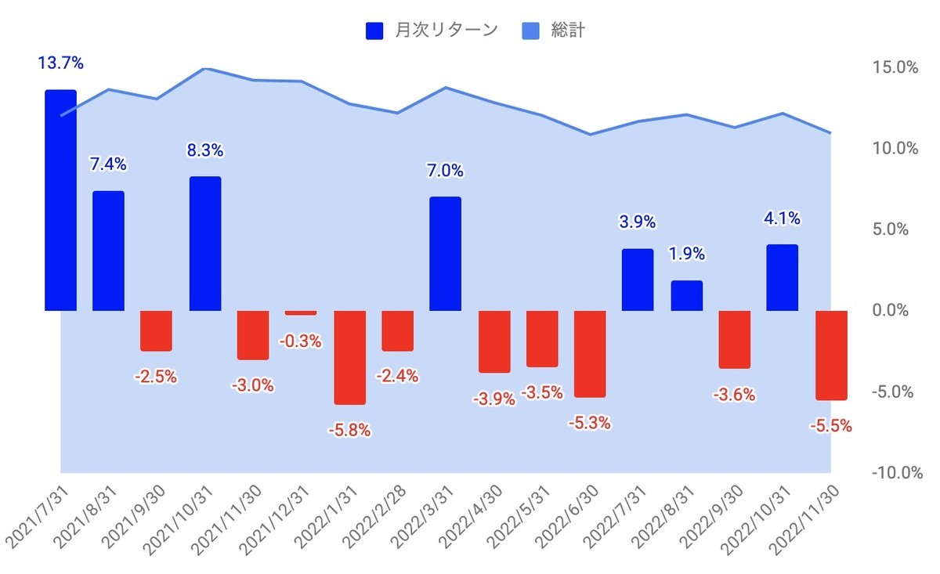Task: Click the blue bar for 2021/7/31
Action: pos(60,200)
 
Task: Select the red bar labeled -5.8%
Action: pos(349,357)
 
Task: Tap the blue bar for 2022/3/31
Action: pos(445,254)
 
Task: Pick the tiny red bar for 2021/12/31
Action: pos(301,312)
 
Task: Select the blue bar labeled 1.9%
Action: pos(686,295)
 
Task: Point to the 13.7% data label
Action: pos(60,63)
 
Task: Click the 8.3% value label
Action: pos(205,150)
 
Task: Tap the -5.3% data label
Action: pos(590,424)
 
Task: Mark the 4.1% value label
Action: pos(782,218)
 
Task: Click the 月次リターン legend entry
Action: pos(432,31)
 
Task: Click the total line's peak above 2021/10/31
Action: pos(205,69)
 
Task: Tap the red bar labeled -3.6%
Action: pos(735,339)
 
